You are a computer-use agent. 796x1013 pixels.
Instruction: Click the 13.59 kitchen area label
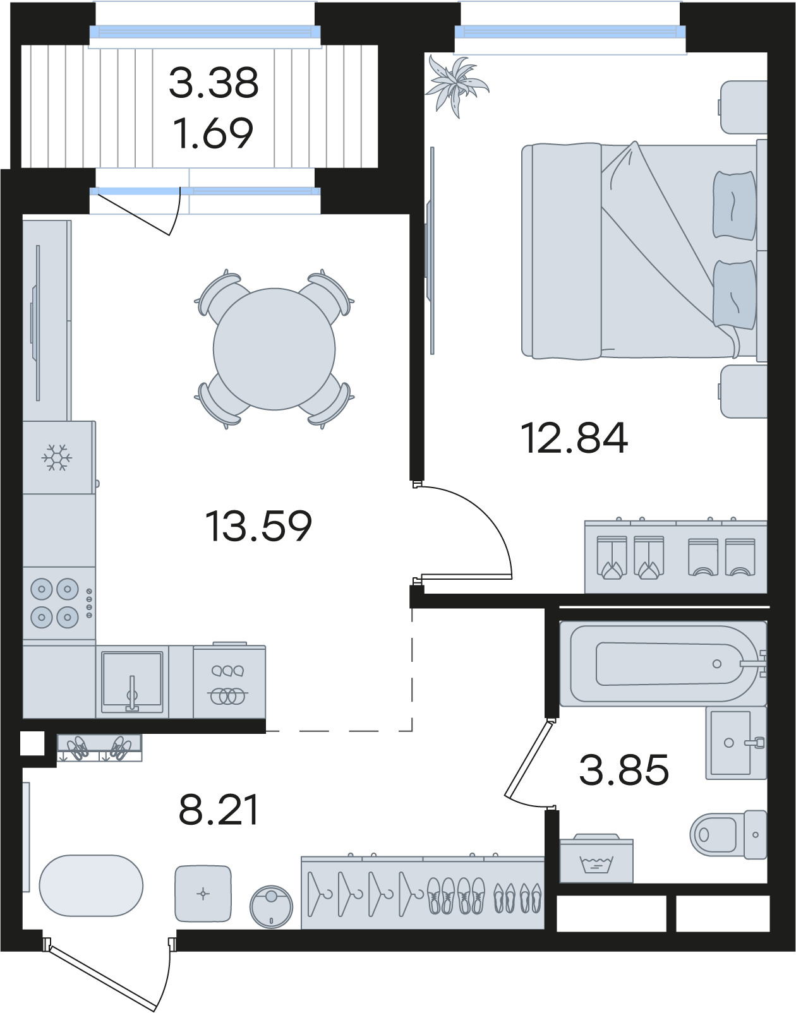258,526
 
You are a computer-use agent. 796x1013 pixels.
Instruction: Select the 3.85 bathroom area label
624,769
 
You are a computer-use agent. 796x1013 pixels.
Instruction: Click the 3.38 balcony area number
214,83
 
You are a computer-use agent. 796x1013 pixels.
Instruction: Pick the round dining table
274,349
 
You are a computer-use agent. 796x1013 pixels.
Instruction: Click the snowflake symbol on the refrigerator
57,457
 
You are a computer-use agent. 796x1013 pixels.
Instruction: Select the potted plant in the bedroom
456,86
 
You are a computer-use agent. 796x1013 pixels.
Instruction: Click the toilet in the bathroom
728,834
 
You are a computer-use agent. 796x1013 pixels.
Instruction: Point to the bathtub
663,664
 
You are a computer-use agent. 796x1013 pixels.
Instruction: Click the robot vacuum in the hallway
271,907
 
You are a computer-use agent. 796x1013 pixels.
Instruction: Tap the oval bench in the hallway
91,885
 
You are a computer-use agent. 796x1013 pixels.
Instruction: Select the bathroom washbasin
736,743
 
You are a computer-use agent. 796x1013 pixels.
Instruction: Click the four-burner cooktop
59,603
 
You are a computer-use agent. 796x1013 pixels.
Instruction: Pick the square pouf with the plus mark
203,894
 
